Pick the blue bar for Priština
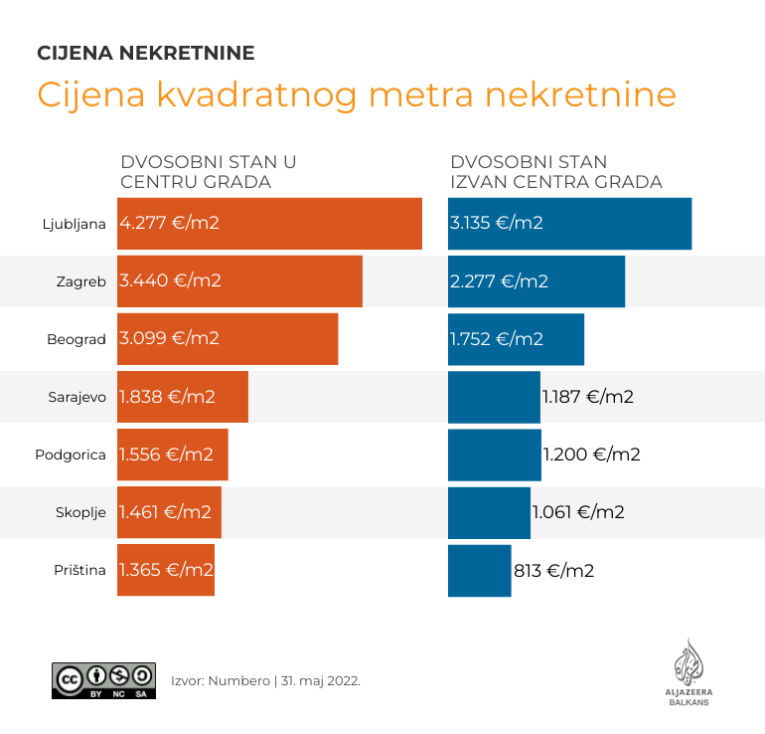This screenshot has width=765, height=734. (479, 571)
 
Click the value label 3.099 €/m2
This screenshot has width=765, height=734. (169, 338)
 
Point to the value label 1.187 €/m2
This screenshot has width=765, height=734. (587, 397)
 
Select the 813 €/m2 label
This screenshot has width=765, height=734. (553, 571)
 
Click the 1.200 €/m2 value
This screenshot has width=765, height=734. (591, 455)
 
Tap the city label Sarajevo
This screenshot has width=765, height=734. (76, 397)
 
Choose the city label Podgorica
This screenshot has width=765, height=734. (71, 455)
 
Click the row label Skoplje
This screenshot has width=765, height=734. (80, 512)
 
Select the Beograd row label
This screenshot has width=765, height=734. (76, 339)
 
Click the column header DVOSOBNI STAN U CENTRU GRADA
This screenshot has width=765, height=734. (209, 172)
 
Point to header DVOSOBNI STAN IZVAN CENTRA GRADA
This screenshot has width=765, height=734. (555, 172)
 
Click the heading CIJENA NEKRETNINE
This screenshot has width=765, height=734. (145, 53)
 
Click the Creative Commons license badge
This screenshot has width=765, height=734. (103, 680)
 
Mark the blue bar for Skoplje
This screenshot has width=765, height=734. (489, 512)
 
